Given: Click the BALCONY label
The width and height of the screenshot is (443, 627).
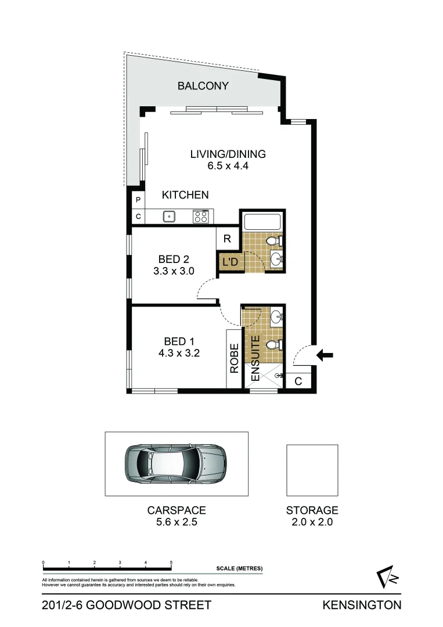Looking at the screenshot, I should (x=203, y=86).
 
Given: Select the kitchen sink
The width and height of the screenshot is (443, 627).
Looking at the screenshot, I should (x=169, y=217).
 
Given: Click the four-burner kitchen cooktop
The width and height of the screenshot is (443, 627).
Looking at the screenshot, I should (x=201, y=217).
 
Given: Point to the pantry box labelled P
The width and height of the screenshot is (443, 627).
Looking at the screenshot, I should (x=138, y=200).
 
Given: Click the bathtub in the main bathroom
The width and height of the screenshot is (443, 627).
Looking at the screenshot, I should (x=262, y=222).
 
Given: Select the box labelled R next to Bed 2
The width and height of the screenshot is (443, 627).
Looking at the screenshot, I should (x=227, y=239).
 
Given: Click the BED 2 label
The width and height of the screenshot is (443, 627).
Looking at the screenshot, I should (x=174, y=259).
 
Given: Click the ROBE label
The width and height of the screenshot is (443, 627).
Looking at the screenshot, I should (x=235, y=358).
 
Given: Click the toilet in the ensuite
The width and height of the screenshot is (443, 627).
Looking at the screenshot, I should (x=273, y=345).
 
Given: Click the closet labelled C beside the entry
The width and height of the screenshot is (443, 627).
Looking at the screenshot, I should (x=298, y=381).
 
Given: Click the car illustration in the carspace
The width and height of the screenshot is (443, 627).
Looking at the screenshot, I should (x=175, y=463).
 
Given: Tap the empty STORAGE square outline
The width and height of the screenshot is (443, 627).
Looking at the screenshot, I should (x=312, y=470).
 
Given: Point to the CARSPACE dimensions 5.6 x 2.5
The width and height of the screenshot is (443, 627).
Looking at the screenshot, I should (x=176, y=521).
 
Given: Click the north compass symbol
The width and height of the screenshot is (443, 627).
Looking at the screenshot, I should (x=386, y=577).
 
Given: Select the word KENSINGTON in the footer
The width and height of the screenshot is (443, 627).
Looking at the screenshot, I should (x=362, y=606).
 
